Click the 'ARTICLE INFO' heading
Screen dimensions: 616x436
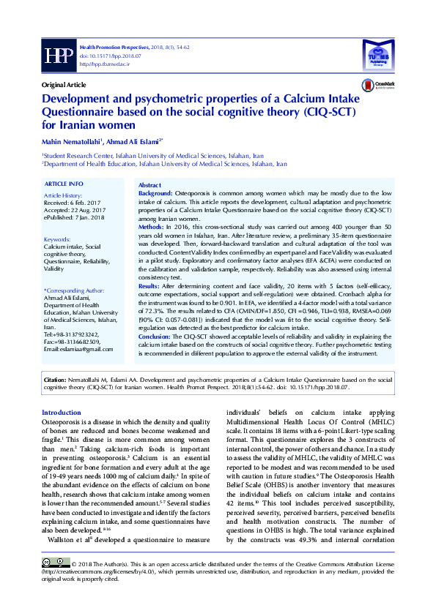click(x=64, y=183)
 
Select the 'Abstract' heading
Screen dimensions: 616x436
click(x=149, y=187)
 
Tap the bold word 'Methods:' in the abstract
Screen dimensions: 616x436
click(x=151, y=228)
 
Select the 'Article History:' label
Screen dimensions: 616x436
click(x=63, y=197)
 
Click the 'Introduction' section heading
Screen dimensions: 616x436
click(x=62, y=413)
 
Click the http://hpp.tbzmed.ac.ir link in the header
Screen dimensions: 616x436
click(x=105, y=64)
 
